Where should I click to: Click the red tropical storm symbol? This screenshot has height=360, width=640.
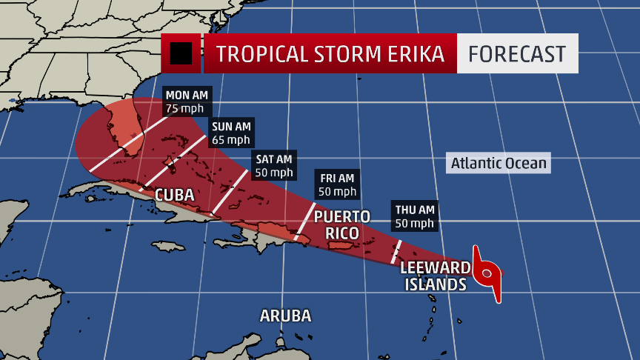pyautogui.click(x=487, y=275)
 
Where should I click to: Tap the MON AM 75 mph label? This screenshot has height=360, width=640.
pyautogui.click(x=187, y=101)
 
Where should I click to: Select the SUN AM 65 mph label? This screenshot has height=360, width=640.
pyautogui.click(x=231, y=132)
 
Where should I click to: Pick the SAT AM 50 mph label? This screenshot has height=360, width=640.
pyautogui.click(x=273, y=165)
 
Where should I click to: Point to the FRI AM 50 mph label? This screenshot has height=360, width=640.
pyautogui.click(x=337, y=184)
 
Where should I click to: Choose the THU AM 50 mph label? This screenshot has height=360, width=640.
pyautogui.click(x=414, y=216)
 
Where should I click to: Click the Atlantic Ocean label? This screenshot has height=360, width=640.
pyautogui.click(x=499, y=163)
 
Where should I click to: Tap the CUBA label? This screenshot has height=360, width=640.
pyautogui.click(x=174, y=196)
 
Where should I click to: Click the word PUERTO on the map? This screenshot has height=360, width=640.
pyautogui.click(x=341, y=216)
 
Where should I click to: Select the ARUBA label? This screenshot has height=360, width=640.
pyautogui.click(x=285, y=316)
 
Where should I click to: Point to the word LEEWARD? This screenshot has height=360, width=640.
pyautogui.click(x=435, y=267)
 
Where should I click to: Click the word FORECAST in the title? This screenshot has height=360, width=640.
pyautogui.click(x=517, y=53)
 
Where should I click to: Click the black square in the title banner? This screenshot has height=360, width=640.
pyautogui.click(x=181, y=53)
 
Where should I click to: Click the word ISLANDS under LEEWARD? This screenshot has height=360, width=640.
pyautogui.click(x=435, y=284)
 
